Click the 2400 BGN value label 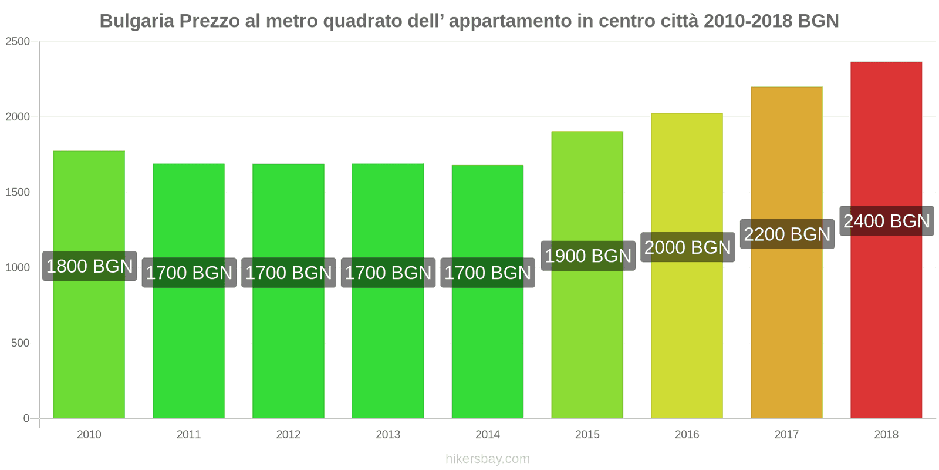886,221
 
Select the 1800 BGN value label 89,266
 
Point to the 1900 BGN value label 587,256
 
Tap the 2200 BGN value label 786,234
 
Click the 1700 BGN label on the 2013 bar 388,273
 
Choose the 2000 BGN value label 687,247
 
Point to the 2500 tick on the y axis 18,42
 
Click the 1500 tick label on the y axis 18,192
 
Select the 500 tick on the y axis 20,343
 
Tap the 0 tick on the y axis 26,418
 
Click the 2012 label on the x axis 288,435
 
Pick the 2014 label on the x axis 488,435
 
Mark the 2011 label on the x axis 188,435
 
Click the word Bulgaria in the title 137,21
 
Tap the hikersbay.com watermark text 487,459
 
